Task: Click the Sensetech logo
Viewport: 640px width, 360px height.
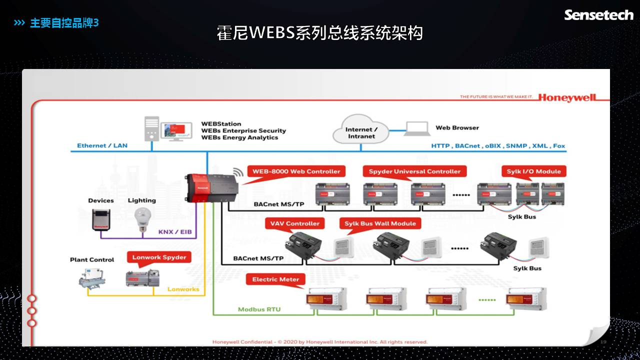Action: tap(598, 15)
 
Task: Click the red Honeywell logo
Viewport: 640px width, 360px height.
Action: tap(567, 97)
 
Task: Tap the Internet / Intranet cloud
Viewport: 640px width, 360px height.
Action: tap(361, 130)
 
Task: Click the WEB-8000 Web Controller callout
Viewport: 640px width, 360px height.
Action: tap(296, 171)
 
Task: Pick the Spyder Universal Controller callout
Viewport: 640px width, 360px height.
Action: tap(414, 171)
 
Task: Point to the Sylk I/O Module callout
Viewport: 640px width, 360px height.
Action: tap(533, 171)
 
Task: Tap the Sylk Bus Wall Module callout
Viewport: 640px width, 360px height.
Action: tap(380, 223)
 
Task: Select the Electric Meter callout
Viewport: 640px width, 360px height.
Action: tap(275, 279)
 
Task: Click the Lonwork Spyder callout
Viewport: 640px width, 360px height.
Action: tap(159, 257)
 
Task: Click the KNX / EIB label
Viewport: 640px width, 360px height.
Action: tap(174, 232)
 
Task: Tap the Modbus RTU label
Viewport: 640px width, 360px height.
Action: tap(259, 309)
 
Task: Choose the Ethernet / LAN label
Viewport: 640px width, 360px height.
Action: tap(102, 145)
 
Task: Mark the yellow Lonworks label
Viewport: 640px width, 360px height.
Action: tap(183, 289)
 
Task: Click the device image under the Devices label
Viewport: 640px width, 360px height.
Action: tap(101, 219)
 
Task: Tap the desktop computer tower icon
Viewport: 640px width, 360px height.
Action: tap(152, 129)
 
